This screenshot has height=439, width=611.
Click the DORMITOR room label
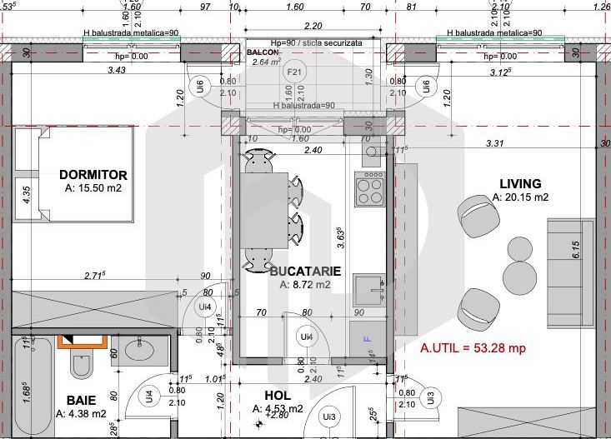pos(93,175)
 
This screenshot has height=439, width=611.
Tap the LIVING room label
pos(520,183)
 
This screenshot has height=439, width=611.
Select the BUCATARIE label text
pos(305,271)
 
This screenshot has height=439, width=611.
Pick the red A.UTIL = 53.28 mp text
pos(472,348)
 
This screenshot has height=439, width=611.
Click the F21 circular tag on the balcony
pos(293,72)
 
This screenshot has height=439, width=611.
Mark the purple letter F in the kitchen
pos(365,339)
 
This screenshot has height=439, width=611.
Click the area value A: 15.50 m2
pos(93,189)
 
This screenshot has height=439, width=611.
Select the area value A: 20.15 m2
pos(520,197)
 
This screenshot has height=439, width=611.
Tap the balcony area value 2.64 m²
pos(266,62)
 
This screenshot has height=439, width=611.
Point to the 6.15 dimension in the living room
pos(575,250)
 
